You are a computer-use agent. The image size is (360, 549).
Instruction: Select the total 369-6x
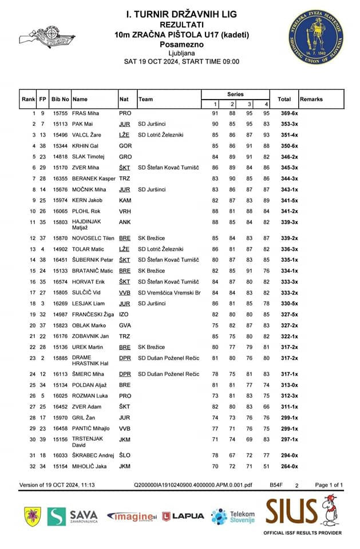click(x=284, y=114)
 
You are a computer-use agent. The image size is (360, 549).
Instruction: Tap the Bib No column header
click(x=60, y=99)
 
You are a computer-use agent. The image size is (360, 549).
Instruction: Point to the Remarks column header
click(x=311, y=99)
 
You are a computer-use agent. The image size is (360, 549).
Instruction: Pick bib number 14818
click(x=60, y=156)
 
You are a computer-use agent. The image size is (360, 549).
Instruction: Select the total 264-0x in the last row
click(x=284, y=467)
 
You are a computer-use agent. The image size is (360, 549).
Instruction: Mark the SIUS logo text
click(x=291, y=508)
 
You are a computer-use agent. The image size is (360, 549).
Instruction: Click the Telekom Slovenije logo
click(x=233, y=516)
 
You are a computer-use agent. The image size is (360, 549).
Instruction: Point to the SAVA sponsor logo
click(x=73, y=516)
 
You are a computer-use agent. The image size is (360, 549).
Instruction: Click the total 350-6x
click(x=284, y=146)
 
